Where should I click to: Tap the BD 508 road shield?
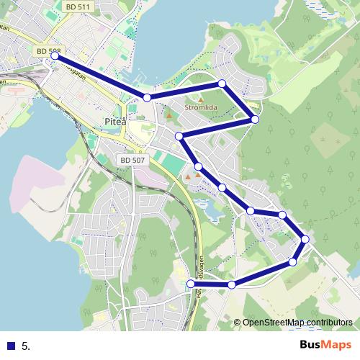[x=48, y=53]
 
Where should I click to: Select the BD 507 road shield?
[x=132, y=160]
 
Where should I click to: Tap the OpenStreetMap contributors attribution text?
[x=297, y=323]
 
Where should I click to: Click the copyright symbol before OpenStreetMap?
[x=237, y=323]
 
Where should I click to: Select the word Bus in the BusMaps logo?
[x=312, y=345]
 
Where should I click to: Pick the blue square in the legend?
[x=12, y=346]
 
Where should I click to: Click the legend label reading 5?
[x=26, y=346]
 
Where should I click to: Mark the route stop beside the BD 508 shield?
[x=55, y=55]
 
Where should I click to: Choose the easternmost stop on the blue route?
[x=305, y=239]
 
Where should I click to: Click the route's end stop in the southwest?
[x=192, y=284]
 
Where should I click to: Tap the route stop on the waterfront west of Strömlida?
[x=147, y=97]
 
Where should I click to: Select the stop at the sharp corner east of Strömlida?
[x=254, y=119]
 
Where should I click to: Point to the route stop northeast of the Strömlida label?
[x=222, y=84]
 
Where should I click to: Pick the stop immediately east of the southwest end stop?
[x=231, y=285]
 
